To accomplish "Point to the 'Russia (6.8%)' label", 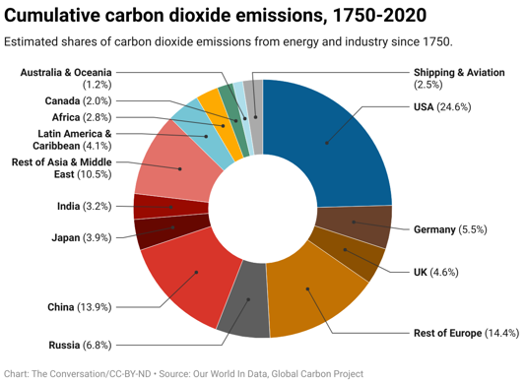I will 80,345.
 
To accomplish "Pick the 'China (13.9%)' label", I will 79,308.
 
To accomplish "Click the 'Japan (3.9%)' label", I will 81,237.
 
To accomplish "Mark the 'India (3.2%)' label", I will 84,206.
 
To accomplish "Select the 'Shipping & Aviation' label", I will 460,72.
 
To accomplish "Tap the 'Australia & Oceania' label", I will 66,72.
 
